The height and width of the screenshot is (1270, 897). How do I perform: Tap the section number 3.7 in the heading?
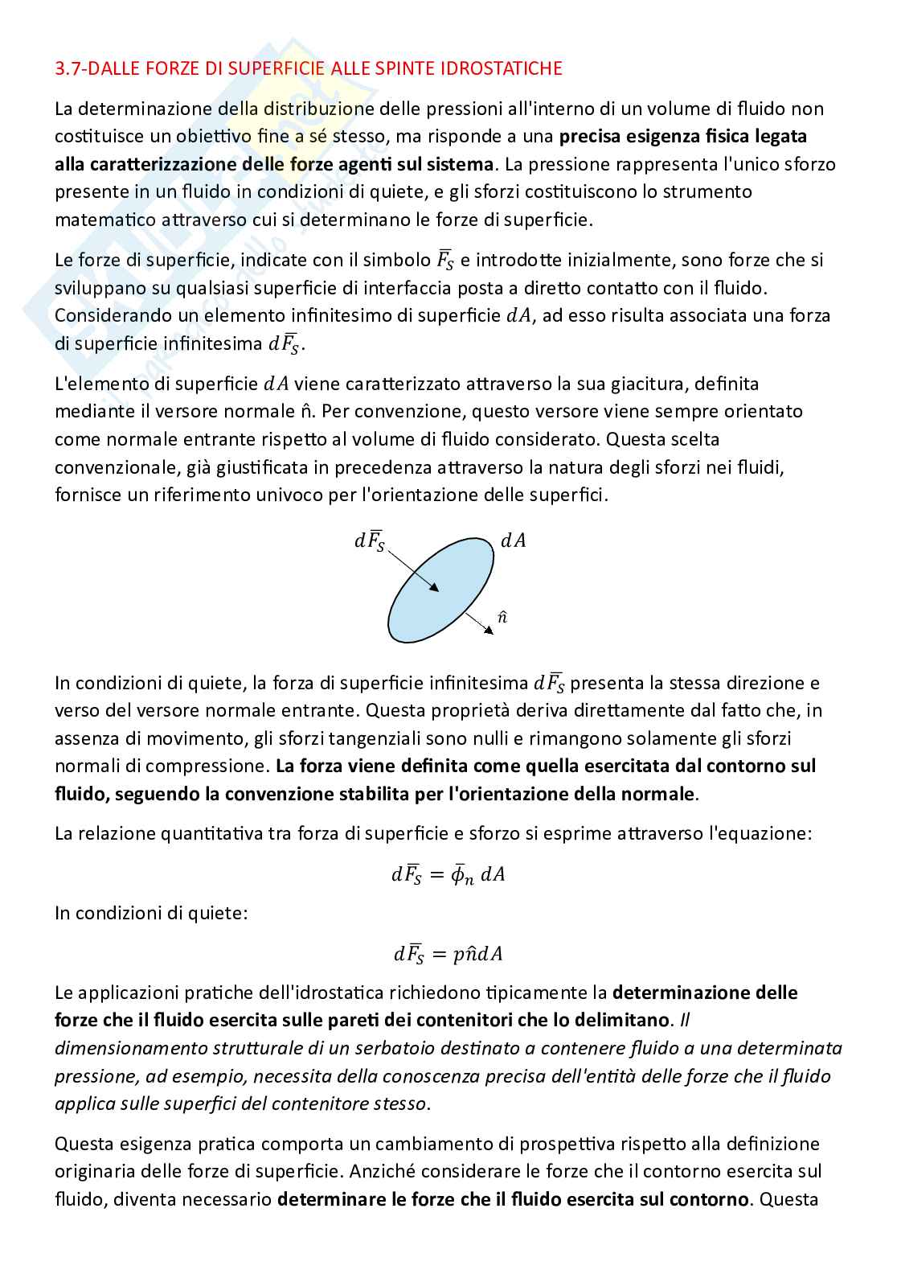coord(67,68)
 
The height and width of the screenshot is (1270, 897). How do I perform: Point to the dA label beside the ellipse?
coord(513,540)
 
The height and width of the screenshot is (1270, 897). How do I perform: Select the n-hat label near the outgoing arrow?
coord(502,617)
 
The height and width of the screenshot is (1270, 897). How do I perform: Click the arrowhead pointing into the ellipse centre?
coord(435,590)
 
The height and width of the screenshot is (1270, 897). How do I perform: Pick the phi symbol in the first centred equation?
coord(461,874)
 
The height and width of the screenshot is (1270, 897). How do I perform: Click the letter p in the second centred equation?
coord(459,954)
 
